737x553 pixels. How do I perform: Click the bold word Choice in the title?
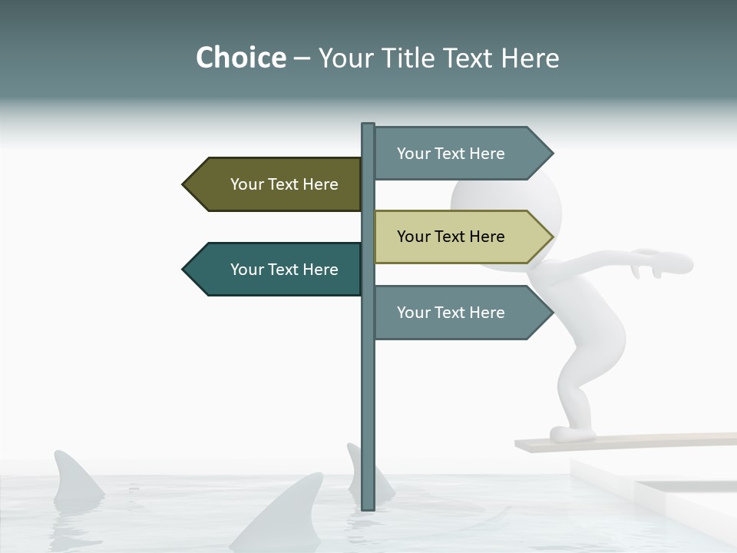tap(240, 58)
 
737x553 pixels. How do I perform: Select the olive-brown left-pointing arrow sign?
tap(276, 184)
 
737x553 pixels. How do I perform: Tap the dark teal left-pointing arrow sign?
tap(276, 270)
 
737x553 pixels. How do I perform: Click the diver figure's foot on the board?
tap(572, 434)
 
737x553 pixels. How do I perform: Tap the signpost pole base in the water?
tap(368, 503)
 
